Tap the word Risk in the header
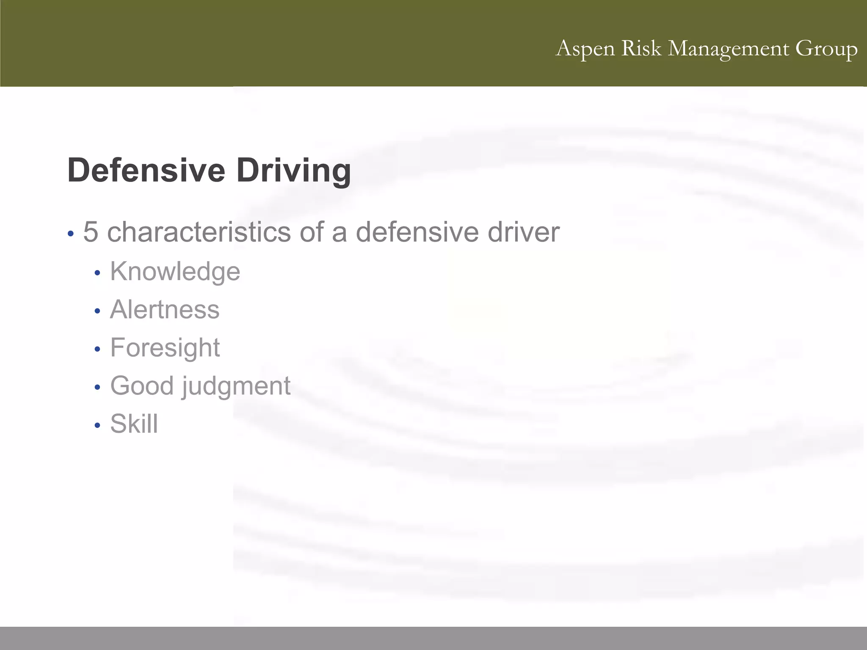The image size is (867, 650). click(x=641, y=48)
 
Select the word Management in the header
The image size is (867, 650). click(x=728, y=49)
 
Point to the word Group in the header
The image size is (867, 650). click(x=826, y=49)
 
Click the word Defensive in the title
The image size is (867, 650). click(x=146, y=170)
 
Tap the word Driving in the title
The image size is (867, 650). click(x=293, y=170)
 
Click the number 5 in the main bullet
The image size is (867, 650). click(x=91, y=232)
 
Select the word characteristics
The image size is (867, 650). click(x=199, y=232)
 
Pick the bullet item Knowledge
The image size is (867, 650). click(x=175, y=271)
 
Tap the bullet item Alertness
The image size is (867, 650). click(x=165, y=309)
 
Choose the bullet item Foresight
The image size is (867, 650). click(x=165, y=348)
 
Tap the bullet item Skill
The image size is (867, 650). click(x=134, y=424)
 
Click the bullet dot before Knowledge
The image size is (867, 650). click(x=97, y=273)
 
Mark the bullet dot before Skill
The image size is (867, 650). click(x=97, y=425)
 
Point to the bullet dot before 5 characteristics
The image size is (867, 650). click(x=71, y=234)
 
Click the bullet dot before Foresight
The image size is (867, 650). click(x=97, y=350)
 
